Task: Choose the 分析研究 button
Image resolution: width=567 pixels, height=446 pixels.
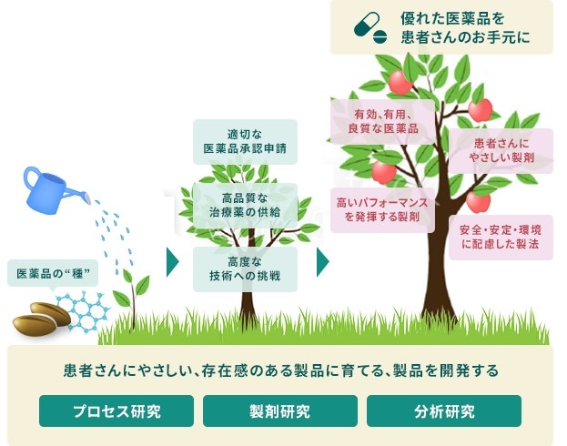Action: [x=443, y=411]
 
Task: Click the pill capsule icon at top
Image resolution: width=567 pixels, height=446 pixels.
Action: [x=372, y=28]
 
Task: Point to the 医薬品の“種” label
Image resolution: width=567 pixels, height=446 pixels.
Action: [x=53, y=273]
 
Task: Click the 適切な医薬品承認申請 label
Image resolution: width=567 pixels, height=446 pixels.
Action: [x=245, y=141]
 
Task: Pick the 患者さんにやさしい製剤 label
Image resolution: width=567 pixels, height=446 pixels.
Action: [x=501, y=151]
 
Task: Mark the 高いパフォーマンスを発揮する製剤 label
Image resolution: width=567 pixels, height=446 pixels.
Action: [x=376, y=209]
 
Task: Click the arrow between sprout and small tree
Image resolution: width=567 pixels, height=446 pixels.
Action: [x=172, y=262]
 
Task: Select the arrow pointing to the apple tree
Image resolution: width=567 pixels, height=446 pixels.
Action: [x=322, y=262]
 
